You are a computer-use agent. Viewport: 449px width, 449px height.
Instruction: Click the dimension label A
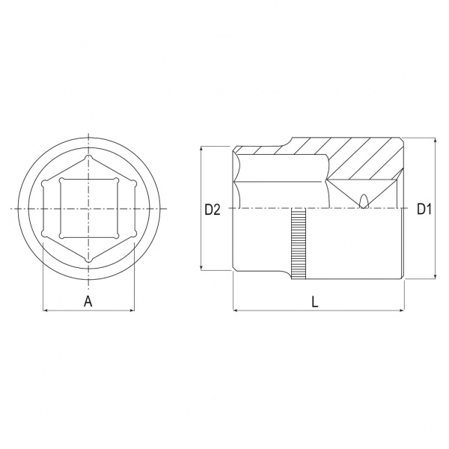88,302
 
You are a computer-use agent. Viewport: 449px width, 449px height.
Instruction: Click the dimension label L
315,302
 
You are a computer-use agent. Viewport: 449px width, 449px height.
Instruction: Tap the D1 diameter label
424,209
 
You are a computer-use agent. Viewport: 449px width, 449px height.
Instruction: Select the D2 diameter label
213,210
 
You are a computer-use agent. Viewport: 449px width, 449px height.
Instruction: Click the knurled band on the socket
299,244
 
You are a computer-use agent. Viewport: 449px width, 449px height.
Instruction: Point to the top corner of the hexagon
89,157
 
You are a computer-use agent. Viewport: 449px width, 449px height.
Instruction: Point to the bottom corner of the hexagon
89,260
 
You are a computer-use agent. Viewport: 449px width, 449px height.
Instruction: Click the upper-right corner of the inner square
116,180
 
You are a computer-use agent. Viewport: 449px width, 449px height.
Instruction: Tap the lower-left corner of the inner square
61,236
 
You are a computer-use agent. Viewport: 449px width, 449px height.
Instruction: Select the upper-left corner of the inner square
61,180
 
